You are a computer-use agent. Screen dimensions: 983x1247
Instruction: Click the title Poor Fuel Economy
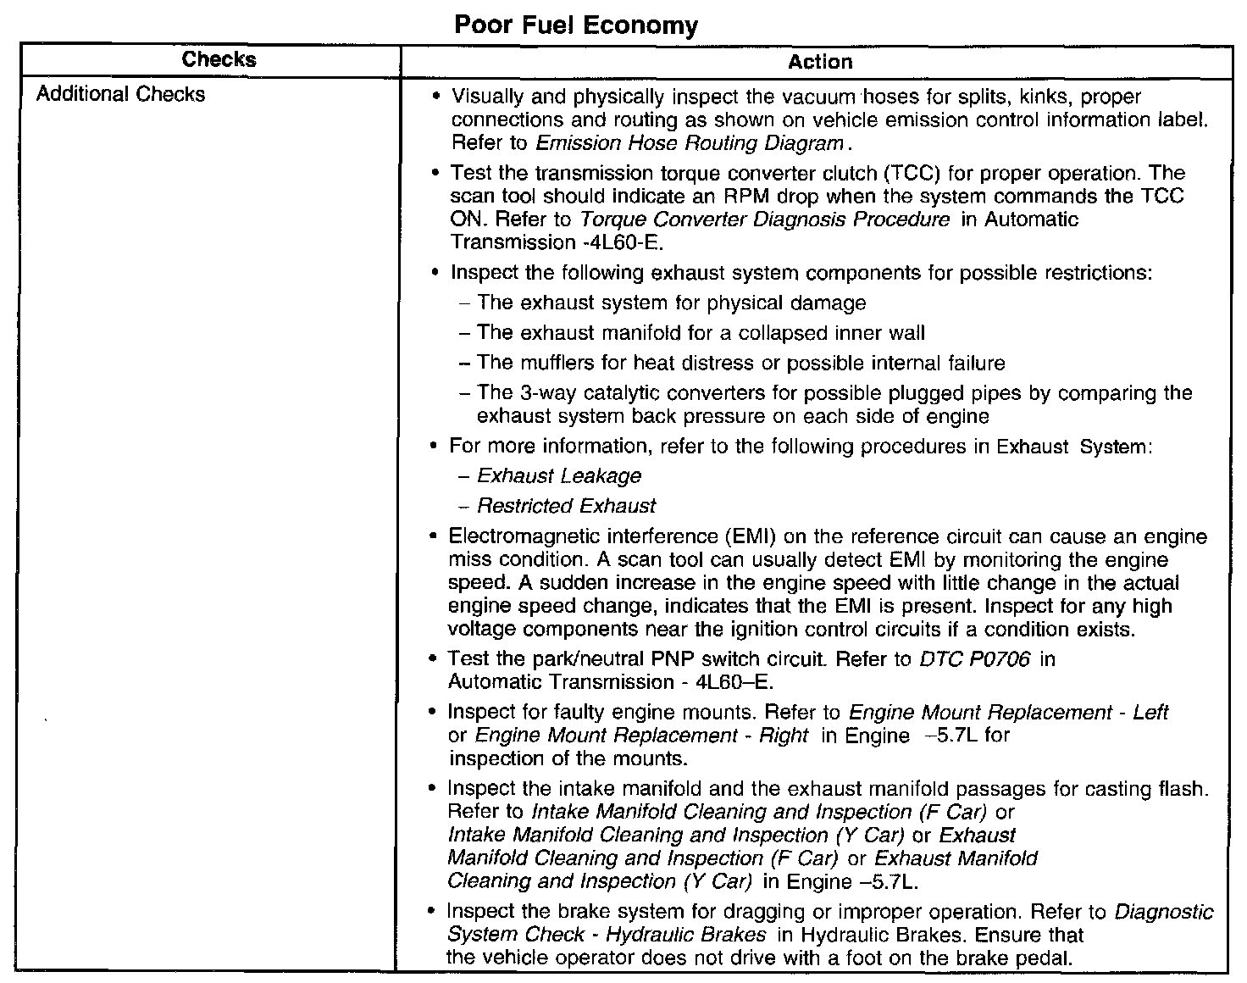point(576,25)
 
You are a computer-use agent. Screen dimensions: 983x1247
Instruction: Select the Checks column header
point(219,59)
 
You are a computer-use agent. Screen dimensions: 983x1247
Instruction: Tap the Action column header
point(819,62)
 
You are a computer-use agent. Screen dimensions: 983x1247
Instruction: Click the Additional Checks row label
point(120,94)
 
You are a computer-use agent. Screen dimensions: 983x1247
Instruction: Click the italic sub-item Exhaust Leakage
point(559,476)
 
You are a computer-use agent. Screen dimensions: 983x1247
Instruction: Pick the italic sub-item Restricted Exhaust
point(566,507)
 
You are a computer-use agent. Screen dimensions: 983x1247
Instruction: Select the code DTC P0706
point(974,659)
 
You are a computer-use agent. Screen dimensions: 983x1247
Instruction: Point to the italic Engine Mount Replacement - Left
point(1008,713)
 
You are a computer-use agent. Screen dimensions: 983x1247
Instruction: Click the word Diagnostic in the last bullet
point(1164,913)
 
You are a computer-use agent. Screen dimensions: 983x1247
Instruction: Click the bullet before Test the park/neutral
point(433,659)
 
